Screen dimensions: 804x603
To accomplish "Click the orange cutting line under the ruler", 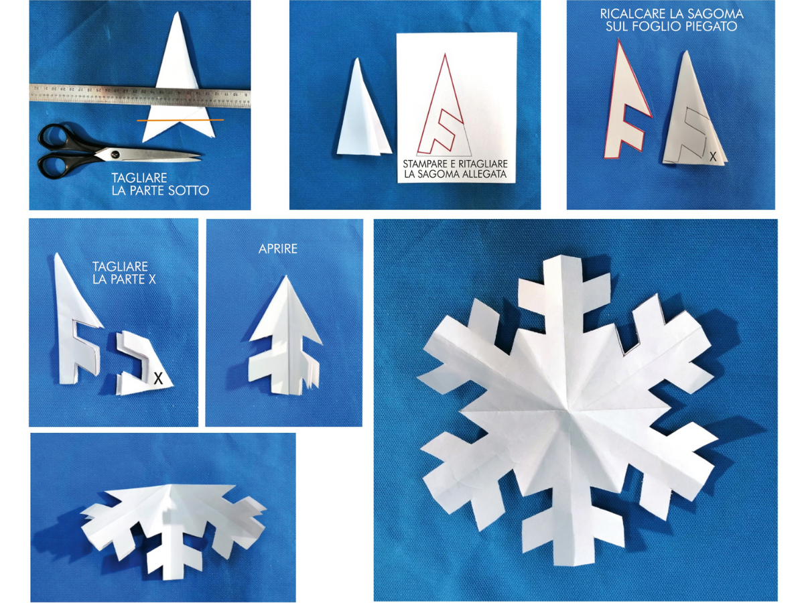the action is [180, 120].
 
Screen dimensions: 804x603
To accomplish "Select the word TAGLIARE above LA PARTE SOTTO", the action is [139, 178].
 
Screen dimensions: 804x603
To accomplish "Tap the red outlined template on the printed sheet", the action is [444, 105].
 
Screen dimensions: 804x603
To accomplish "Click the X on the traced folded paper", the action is [713, 157].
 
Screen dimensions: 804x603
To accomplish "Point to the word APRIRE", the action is [278, 249].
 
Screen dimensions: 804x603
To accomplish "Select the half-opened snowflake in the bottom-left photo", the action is [172, 516].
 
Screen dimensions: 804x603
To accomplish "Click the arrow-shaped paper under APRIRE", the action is [284, 338].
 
